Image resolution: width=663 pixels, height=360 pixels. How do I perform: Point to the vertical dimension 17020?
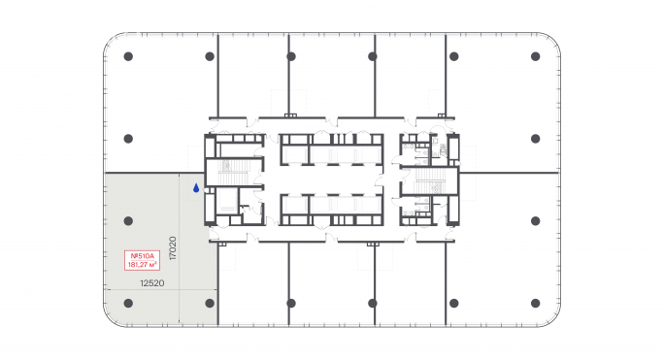click(171, 248)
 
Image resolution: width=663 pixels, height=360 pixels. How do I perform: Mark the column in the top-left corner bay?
click(127, 56)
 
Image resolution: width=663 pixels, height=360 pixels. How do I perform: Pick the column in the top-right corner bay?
click(535, 56)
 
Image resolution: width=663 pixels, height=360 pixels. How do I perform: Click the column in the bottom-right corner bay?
click(535, 304)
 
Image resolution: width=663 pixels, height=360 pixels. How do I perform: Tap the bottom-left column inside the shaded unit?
click(127, 304)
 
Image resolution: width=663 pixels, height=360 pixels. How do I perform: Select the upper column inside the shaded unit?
click(127, 221)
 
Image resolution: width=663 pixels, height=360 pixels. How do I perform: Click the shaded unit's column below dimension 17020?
click(210, 304)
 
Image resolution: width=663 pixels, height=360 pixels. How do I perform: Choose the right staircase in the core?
click(429, 180)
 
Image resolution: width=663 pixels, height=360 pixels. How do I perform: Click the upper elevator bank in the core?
click(330, 151)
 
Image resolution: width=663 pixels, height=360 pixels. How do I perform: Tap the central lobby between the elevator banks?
click(330, 180)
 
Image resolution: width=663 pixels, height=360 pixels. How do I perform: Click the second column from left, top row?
click(210, 56)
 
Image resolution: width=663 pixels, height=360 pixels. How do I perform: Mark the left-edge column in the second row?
click(127, 139)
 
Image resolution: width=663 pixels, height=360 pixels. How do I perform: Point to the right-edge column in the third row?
click(535, 221)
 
